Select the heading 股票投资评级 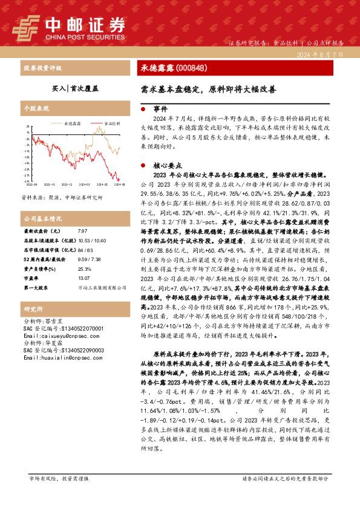pos(42,68)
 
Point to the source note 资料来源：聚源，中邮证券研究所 pos(62,197)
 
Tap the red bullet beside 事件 pos(142,110)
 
